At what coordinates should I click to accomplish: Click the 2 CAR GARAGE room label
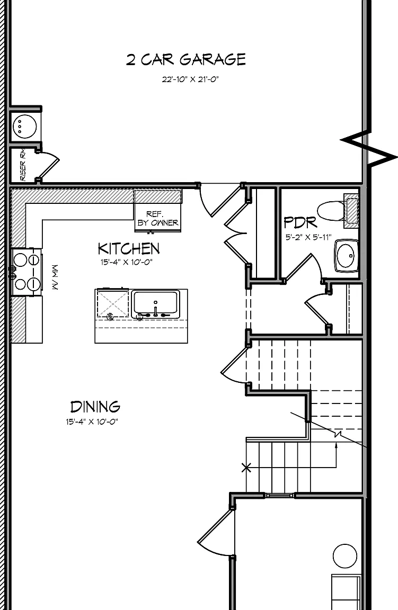(x=186, y=59)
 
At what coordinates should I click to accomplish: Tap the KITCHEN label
(x=128, y=248)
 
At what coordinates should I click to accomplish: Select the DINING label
(x=95, y=407)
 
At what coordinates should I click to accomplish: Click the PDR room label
(x=300, y=223)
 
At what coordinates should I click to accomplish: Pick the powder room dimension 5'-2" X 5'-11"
(x=308, y=237)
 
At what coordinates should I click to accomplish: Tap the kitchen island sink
(x=156, y=304)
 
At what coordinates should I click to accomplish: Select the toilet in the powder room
(x=337, y=210)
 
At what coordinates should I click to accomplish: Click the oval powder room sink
(x=346, y=256)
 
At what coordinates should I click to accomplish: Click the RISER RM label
(x=23, y=165)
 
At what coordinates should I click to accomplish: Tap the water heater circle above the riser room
(x=25, y=126)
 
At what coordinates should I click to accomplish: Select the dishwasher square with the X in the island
(x=112, y=303)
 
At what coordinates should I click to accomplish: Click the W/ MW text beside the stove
(x=54, y=277)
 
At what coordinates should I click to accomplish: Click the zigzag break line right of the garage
(x=368, y=148)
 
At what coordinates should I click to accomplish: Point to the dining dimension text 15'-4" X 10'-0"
(x=92, y=421)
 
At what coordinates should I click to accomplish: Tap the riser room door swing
(x=49, y=165)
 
